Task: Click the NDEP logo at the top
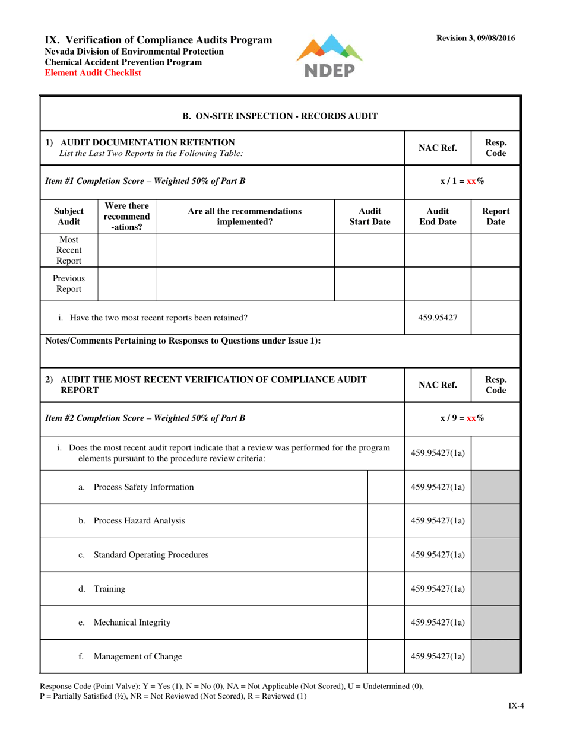point(329,56)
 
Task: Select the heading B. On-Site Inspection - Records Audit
point(280,116)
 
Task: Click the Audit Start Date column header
point(369,216)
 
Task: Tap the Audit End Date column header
point(437,216)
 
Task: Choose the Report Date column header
point(496,216)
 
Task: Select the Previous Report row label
point(69,284)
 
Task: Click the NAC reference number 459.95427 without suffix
point(437,318)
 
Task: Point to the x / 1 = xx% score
point(462,181)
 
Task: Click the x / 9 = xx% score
point(462,418)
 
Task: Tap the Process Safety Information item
point(143,487)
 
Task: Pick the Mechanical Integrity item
point(132,623)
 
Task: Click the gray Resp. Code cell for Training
point(495,589)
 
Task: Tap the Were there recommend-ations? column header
point(126,216)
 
